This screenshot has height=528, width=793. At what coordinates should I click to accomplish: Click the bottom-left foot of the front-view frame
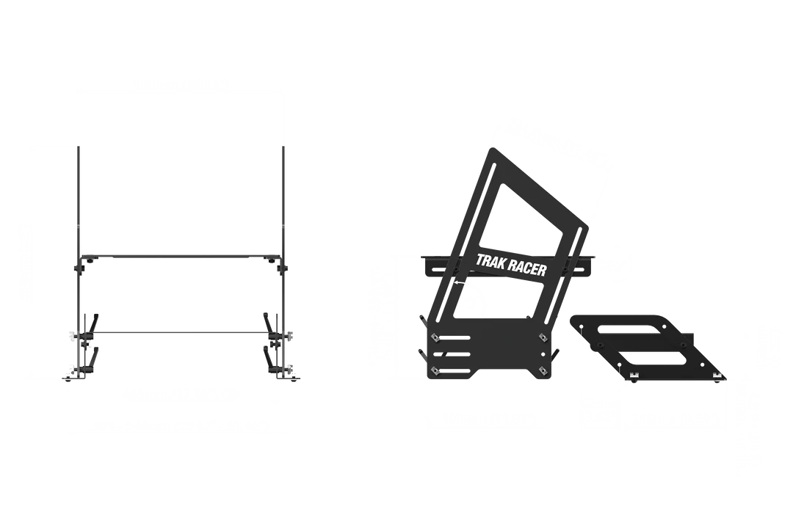coord(70,375)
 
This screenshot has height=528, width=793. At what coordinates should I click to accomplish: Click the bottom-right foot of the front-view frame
coord(291,375)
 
